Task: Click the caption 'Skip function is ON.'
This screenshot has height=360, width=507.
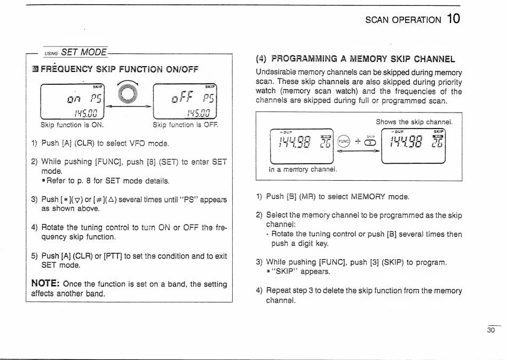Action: point(72,125)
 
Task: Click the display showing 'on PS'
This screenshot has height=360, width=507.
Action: point(73,100)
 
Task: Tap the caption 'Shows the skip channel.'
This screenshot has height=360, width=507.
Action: point(414,122)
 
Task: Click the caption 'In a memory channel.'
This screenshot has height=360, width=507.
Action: point(304,170)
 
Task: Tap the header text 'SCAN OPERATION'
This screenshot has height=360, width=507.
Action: point(403,20)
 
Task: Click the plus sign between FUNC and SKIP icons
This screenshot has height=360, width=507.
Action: point(358,142)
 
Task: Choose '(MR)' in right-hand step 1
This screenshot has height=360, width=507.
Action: point(312,196)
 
